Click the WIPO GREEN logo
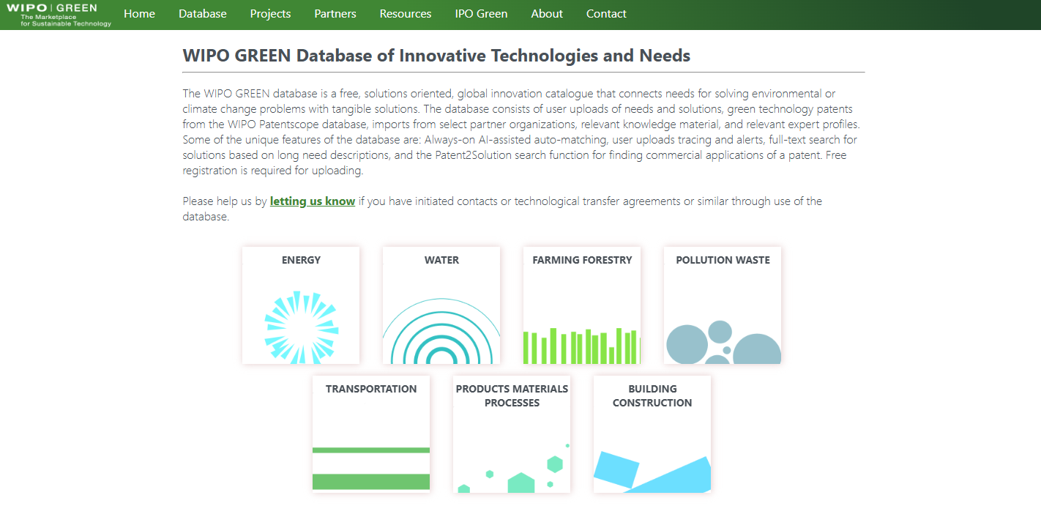click(x=59, y=15)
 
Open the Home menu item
click(x=139, y=14)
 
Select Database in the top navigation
click(x=203, y=14)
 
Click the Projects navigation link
click(x=270, y=14)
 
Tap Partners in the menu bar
click(x=335, y=14)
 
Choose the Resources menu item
click(x=406, y=14)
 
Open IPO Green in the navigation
click(x=481, y=14)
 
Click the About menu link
click(x=547, y=14)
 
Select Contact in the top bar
click(x=606, y=14)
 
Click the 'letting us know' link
click(x=313, y=201)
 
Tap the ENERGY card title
click(x=301, y=260)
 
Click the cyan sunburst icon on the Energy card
click(x=301, y=327)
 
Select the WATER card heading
click(x=441, y=260)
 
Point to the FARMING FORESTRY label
click(x=582, y=260)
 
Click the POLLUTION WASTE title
click(x=723, y=260)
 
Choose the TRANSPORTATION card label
click(x=371, y=389)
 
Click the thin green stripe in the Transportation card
click(x=371, y=450)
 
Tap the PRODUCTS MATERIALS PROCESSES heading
click(x=512, y=395)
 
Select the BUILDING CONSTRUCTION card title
click(x=652, y=395)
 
